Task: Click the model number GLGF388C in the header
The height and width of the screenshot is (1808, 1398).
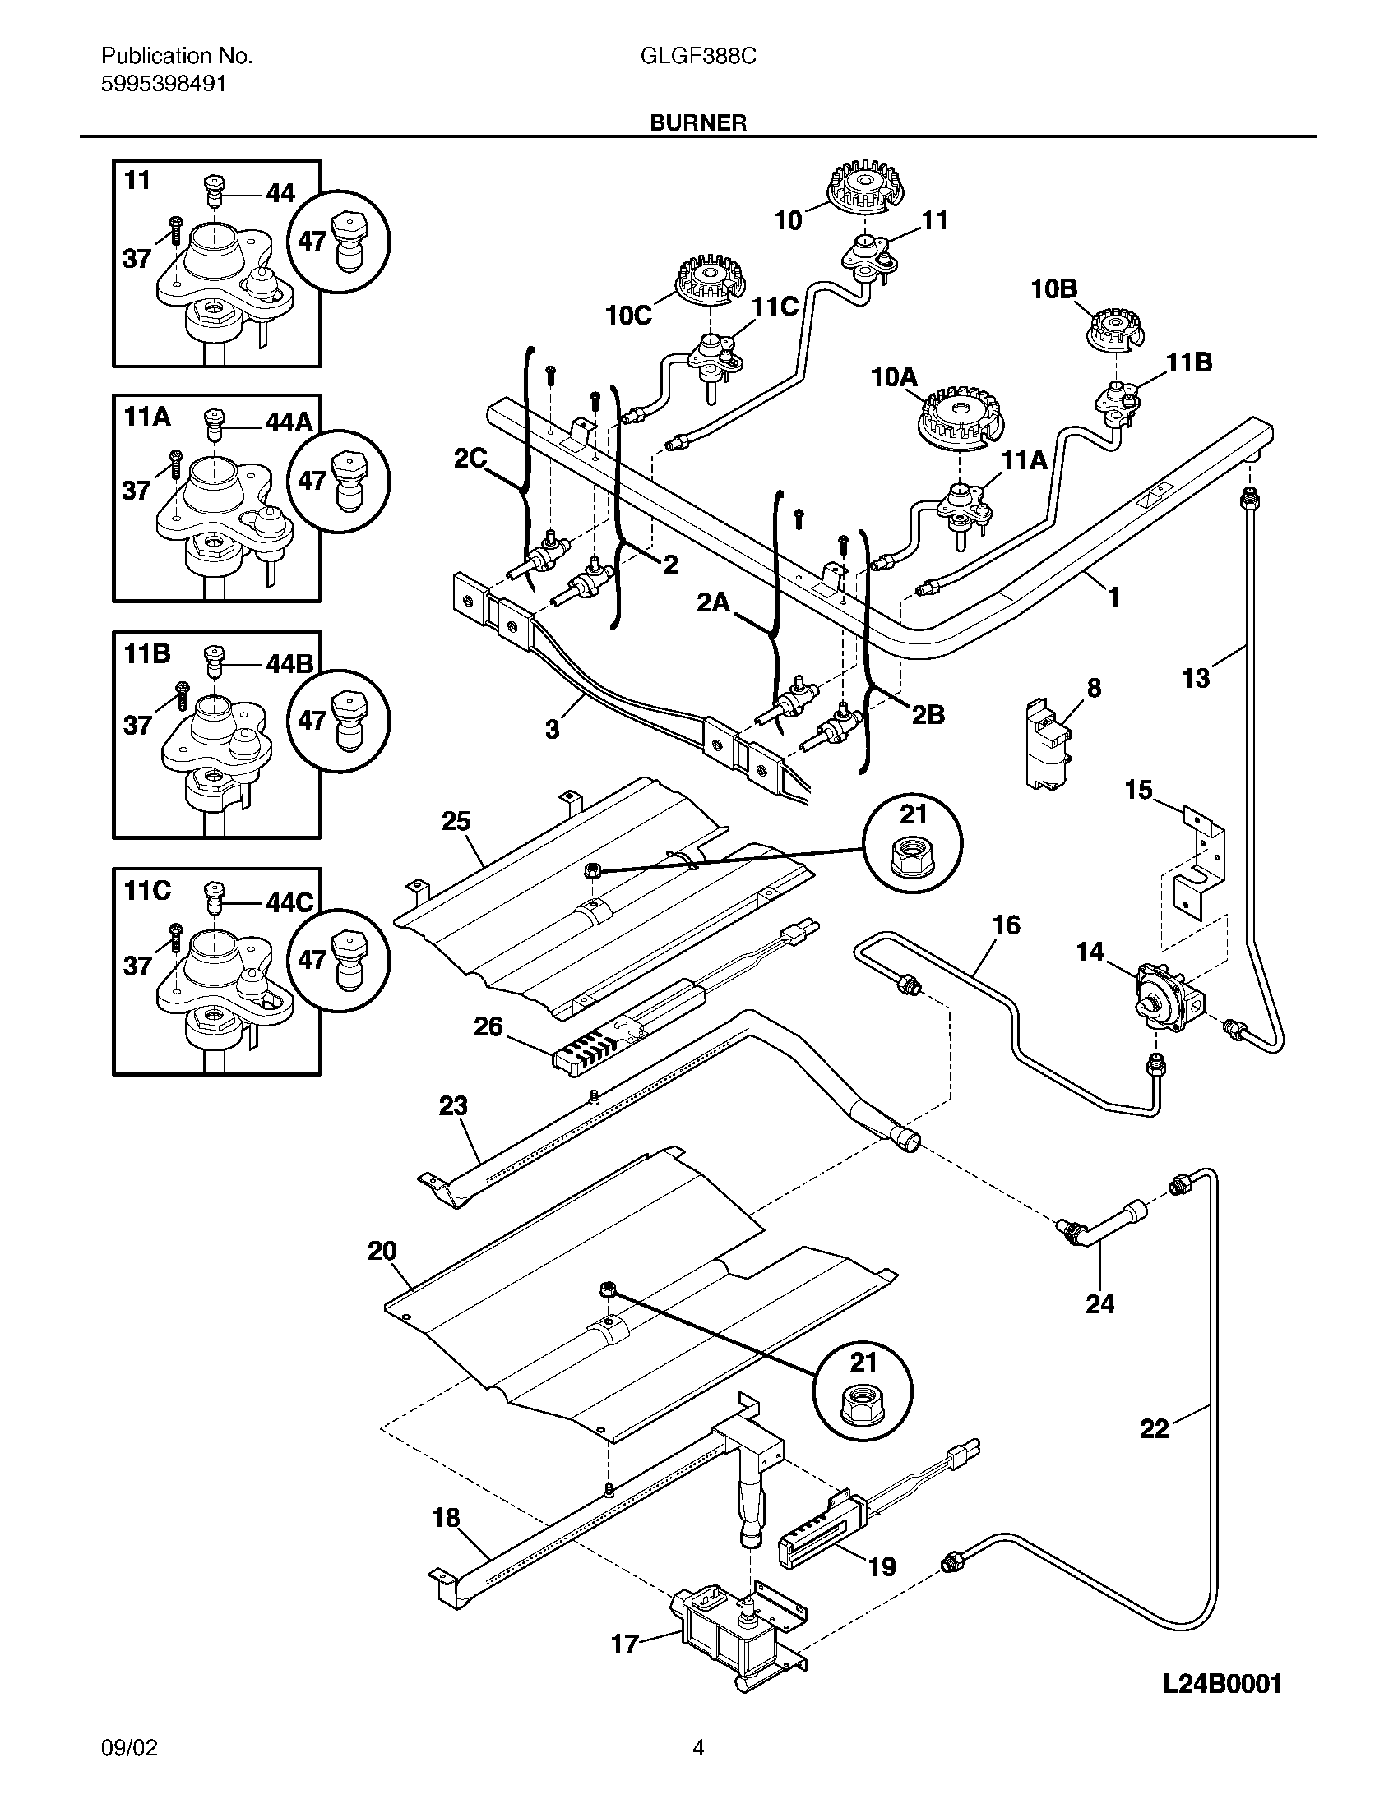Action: point(698,56)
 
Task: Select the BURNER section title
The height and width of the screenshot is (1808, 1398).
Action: point(698,123)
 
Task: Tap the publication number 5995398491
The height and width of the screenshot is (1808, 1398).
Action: point(163,84)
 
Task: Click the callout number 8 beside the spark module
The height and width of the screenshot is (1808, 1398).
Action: point(1094,688)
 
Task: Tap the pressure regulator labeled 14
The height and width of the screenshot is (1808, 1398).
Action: point(1161,997)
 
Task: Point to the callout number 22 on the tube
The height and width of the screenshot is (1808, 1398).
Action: point(1154,1428)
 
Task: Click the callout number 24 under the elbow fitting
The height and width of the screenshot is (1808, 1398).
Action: point(1099,1304)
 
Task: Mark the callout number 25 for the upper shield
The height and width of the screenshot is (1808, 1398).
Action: point(456,821)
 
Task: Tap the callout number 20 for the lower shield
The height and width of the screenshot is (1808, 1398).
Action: point(382,1251)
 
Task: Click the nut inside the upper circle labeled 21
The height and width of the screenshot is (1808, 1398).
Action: point(913,861)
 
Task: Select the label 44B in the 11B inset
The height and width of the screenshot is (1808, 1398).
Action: point(289,664)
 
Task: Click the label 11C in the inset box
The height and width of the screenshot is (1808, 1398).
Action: point(147,891)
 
